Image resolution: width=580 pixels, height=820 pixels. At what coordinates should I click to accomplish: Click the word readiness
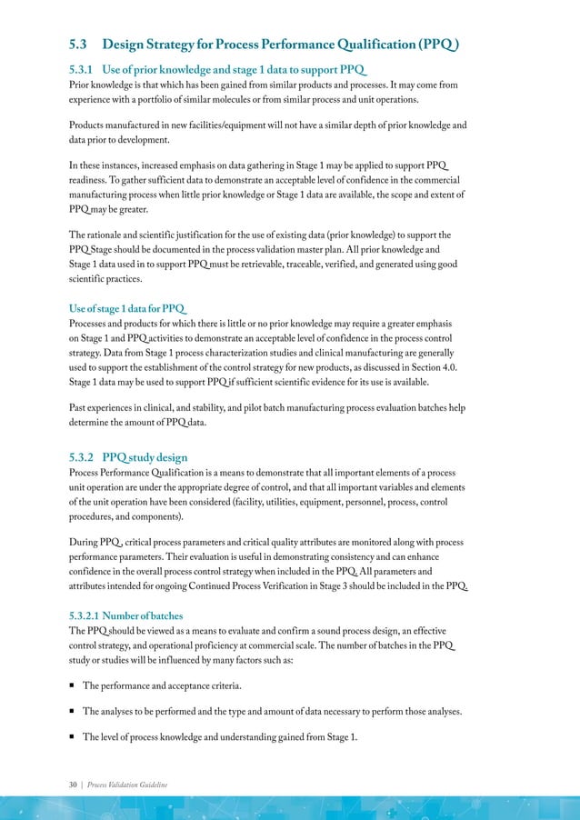pos(95,181)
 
